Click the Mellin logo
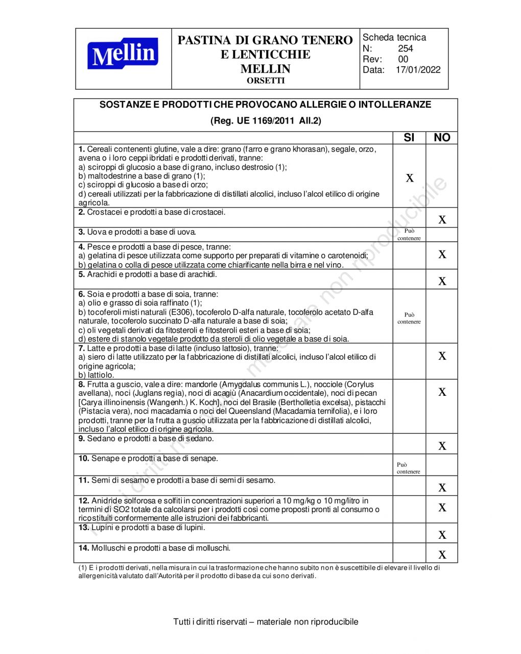(x=123, y=54)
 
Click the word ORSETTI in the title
(x=266, y=81)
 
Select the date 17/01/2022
(x=418, y=70)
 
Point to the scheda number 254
(x=406, y=48)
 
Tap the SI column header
(x=409, y=138)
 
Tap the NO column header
(x=442, y=138)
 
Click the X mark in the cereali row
(x=410, y=178)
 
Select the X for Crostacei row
(x=442, y=220)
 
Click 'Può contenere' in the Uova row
(x=409, y=235)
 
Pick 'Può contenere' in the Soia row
(x=409, y=318)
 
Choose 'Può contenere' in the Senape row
(x=409, y=468)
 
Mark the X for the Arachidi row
(x=442, y=281)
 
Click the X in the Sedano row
(x=442, y=446)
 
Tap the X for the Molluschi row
(x=442, y=555)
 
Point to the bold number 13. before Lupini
(x=84, y=527)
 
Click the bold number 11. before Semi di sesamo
(x=84, y=480)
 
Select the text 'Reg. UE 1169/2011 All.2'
(x=266, y=121)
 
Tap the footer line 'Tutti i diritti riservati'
(x=266, y=621)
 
